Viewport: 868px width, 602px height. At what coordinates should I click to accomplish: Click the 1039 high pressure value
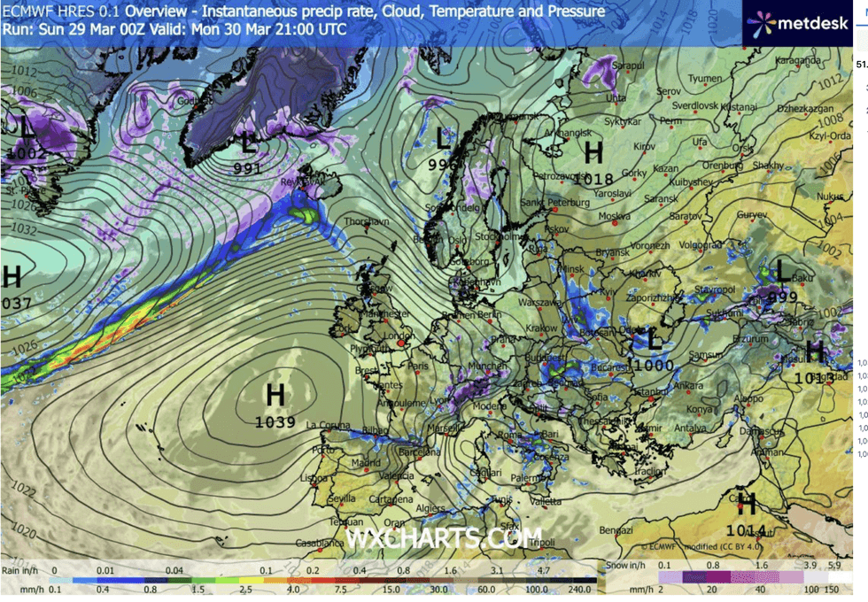tap(275, 422)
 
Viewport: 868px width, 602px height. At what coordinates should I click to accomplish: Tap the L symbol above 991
tap(249, 143)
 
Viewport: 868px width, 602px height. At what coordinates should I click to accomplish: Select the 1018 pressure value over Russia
tap(593, 178)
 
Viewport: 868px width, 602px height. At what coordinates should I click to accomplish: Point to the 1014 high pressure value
tap(746, 529)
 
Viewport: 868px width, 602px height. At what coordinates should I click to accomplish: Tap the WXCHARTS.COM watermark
tap(443, 537)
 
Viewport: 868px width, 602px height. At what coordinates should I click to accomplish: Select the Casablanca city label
tap(319, 543)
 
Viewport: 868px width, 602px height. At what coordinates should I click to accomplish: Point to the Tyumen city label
tap(705, 78)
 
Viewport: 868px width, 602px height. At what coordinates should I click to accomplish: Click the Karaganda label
tap(797, 60)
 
